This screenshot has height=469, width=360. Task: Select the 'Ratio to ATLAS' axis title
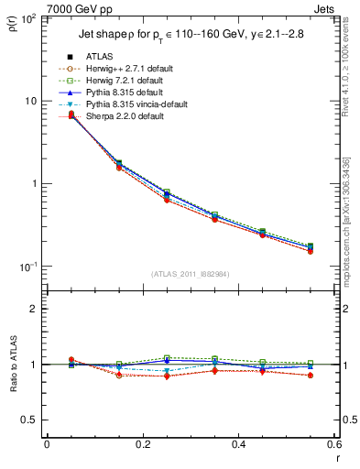point(13,363)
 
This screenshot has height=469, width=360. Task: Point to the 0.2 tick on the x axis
point(143,444)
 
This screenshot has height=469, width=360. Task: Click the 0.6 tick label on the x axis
point(333,444)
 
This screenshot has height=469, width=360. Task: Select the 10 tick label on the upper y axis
point(31,101)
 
